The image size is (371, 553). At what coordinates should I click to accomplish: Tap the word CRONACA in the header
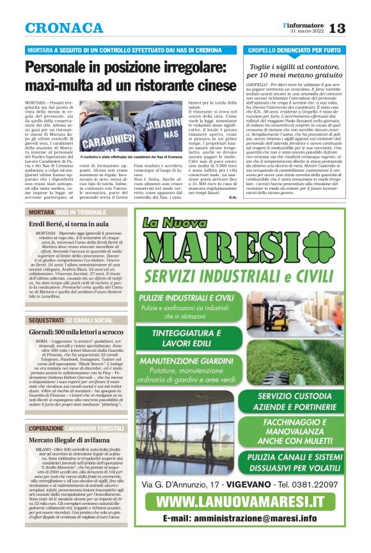click(64, 28)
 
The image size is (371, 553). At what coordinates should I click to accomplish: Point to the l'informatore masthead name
click(304, 24)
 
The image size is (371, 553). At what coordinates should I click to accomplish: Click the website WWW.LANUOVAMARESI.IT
click(240, 501)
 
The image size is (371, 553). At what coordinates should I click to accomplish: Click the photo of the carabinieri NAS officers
click(130, 128)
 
